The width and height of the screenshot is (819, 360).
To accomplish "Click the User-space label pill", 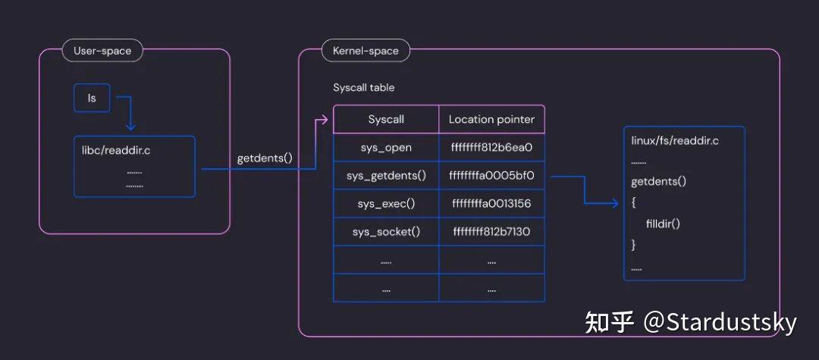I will pyautogui.click(x=102, y=51).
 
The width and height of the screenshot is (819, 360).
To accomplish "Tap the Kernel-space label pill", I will pyautogui.click(x=366, y=51).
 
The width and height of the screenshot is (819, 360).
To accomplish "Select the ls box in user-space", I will pyautogui.click(x=92, y=98).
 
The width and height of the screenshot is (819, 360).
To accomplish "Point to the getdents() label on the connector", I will pyautogui.click(x=265, y=159).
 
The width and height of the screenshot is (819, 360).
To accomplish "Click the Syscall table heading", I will pyautogui.click(x=364, y=88).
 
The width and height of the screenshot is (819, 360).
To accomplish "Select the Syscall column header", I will pyautogui.click(x=386, y=119).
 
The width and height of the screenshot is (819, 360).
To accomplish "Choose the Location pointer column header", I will pyautogui.click(x=491, y=119).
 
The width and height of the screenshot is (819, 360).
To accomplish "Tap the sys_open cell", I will pyautogui.click(x=386, y=148).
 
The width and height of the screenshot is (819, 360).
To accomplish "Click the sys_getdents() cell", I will pyautogui.click(x=386, y=176).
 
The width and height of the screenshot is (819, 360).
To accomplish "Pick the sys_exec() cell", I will pyautogui.click(x=386, y=204).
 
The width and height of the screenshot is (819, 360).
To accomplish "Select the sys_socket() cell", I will pyautogui.click(x=386, y=231).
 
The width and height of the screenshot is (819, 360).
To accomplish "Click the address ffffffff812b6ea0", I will pyautogui.click(x=492, y=148).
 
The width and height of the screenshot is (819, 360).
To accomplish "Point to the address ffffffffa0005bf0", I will pyautogui.click(x=492, y=176).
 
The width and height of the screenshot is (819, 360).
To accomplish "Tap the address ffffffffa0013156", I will pyautogui.click(x=492, y=204).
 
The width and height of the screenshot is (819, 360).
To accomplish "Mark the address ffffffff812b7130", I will pyautogui.click(x=492, y=231).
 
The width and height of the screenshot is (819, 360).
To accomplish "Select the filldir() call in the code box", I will pyautogui.click(x=663, y=224).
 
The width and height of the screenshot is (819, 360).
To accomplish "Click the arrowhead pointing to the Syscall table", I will pyautogui.click(x=325, y=119).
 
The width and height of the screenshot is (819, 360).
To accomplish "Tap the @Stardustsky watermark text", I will pyautogui.click(x=720, y=322).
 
